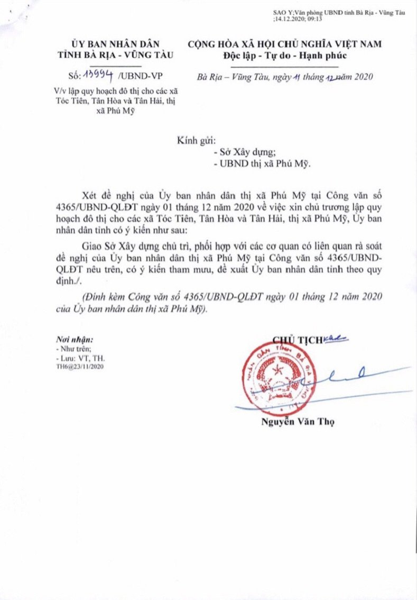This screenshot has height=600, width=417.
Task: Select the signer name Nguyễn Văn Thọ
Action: (x=298, y=422)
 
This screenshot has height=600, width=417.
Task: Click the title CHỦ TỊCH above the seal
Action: (x=298, y=340)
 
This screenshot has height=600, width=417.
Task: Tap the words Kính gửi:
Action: (x=196, y=141)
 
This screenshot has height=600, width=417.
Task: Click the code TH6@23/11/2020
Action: (x=80, y=366)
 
